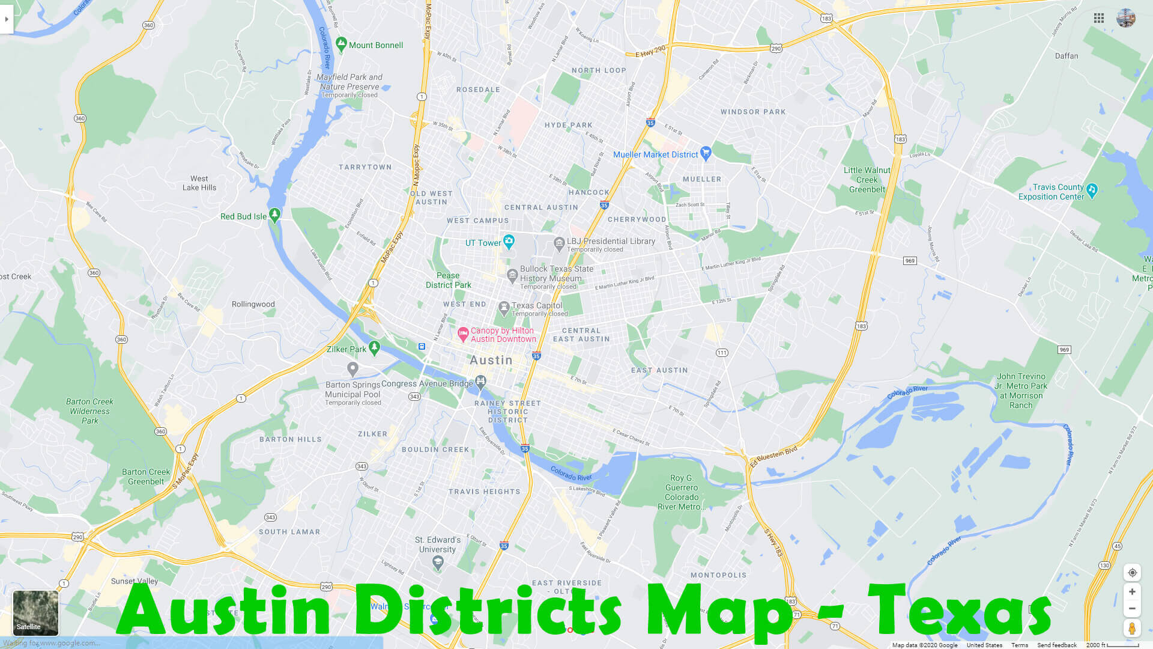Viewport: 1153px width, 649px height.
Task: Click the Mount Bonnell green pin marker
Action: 341,44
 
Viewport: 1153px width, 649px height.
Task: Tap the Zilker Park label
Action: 347,349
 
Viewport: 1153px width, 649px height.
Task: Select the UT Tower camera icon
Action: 509,242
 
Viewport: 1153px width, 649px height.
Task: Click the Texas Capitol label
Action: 537,305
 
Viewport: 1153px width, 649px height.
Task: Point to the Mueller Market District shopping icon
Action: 706,153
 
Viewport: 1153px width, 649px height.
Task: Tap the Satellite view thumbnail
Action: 35,612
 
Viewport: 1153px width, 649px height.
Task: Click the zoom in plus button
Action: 1132,591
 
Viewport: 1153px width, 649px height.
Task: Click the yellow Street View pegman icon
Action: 1132,629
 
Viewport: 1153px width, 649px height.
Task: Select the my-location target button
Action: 1132,572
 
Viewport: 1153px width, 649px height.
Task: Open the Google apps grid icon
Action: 1099,18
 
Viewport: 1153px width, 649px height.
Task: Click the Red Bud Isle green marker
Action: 274,215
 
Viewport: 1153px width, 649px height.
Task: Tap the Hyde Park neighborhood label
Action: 568,125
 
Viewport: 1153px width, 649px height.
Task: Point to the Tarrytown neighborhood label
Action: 365,167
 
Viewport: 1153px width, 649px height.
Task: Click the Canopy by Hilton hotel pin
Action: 463,334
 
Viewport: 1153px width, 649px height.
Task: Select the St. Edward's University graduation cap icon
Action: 438,562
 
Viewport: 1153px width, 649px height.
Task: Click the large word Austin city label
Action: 491,360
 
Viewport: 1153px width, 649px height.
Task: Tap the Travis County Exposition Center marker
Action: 1092,190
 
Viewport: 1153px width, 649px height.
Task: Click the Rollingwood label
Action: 253,304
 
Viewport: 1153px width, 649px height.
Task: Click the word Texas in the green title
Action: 959,611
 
